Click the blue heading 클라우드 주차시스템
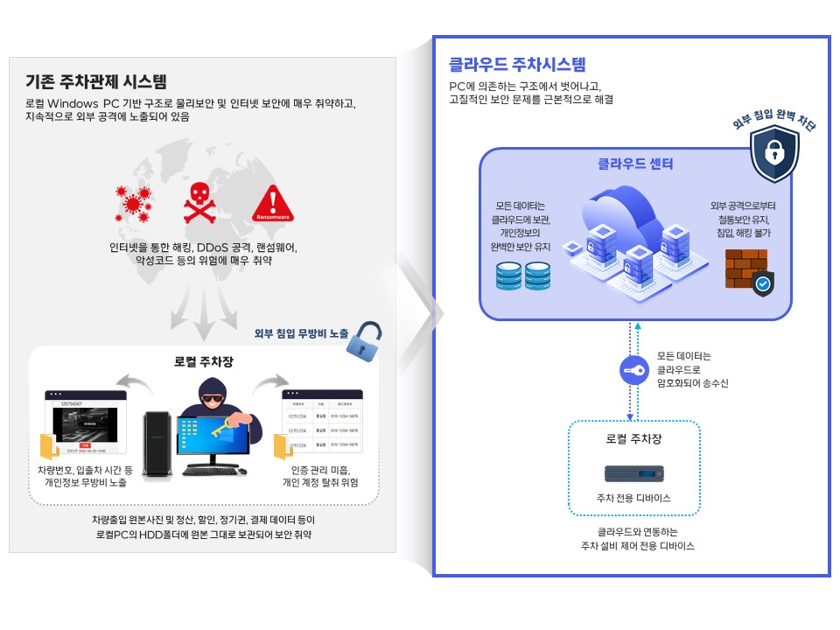click(x=517, y=64)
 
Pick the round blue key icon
click(x=633, y=370)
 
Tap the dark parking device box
click(x=633, y=473)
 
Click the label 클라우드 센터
click(x=635, y=164)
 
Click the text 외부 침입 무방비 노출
click(x=301, y=333)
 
